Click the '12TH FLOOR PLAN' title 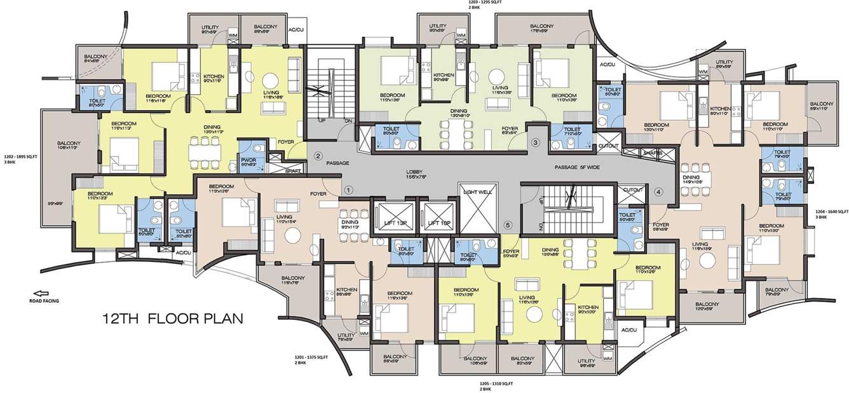point(173,318)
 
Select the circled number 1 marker point(348,190)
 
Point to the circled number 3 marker point(536,142)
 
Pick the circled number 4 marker point(658,191)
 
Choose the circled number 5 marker point(507,224)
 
